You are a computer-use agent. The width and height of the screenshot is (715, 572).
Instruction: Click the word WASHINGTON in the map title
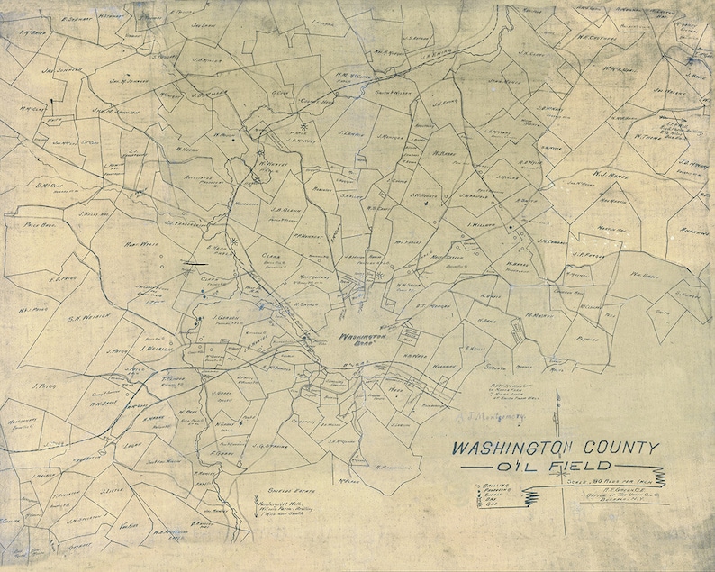point(508,448)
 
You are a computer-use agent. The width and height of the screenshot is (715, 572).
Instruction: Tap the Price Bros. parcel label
point(41,225)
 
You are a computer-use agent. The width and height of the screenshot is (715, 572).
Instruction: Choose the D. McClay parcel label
point(50,186)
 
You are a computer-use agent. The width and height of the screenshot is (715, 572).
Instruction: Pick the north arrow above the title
point(558,405)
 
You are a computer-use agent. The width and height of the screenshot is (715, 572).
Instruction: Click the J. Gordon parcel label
point(228,317)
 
